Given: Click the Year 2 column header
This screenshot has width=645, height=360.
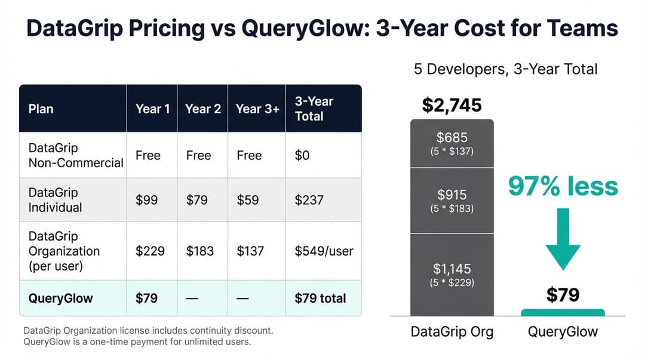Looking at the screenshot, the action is pyautogui.click(x=203, y=109).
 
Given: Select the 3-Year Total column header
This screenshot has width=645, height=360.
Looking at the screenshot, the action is pyautogui.click(x=314, y=109).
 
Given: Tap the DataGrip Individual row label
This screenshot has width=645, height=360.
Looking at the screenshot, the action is pyautogui.click(x=55, y=200).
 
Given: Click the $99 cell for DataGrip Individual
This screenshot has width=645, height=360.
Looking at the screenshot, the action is pyautogui.click(x=146, y=200).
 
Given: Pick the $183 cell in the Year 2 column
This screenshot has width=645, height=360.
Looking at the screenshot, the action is pyautogui.click(x=200, y=251).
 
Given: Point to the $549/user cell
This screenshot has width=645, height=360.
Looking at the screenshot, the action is pyautogui.click(x=324, y=251).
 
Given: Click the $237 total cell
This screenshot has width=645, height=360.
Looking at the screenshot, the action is pyautogui.click(x=309, y=200).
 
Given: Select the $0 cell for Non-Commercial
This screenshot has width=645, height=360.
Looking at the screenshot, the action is pyautogui.click(x=302, y=155).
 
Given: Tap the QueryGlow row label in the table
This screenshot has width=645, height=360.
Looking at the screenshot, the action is pyautogui.click(x=60, y=299).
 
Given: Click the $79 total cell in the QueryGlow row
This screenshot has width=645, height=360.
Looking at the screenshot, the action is pyautogui.click(x=320, y=299).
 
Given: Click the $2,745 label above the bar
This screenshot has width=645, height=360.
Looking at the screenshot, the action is pyautogui.click(x=451, y=105).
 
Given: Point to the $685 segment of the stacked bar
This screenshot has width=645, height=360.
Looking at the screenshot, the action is pyautogui.click(x=452, y=143).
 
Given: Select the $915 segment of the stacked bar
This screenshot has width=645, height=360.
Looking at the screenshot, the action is pyautogui.click(x=452, y=201).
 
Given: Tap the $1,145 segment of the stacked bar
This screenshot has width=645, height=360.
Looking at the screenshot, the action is pyautogui.click(x=452, y=275).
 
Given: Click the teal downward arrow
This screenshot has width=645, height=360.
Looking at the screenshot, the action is pyautogui.click(x=563, y=239).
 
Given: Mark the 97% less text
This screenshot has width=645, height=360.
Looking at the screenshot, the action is pyautogui.click(x=563, y=186).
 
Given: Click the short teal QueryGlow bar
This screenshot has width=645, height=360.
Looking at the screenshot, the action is pyautogui.click(x=563, y=313).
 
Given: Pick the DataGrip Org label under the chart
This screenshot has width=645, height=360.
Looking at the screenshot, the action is pyautogui.click(x=452, y=331).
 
